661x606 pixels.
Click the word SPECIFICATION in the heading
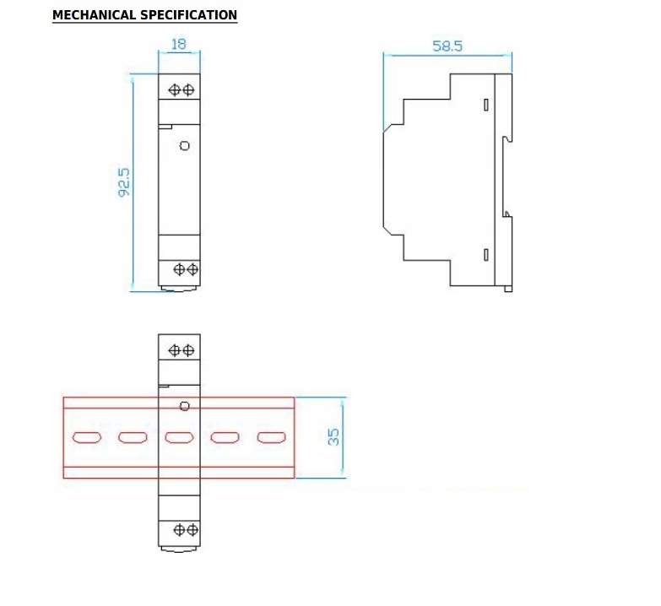tap(189, 15)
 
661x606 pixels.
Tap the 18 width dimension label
tap(179, 44)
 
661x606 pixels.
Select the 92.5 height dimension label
tap(124, 182)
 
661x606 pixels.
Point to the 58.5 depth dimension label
tap(447, 46)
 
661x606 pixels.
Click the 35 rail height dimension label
tap(333, 436)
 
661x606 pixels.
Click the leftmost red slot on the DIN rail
tap(87, 437)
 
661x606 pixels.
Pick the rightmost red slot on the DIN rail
tap(272, 437)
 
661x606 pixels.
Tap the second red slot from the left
tap(133, 437)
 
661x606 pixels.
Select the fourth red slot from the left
tap(225, 437)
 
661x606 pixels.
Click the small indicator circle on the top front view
tap(185, 146)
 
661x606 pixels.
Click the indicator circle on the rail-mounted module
tap(184, 406)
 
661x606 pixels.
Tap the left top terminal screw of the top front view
tap(175, 89)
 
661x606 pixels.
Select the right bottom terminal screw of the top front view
tap(192, 269)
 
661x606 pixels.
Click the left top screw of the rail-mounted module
tap(175, 350)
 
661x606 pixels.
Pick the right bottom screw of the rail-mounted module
tap(192, 530)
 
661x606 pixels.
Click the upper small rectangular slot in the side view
tap(486, 105)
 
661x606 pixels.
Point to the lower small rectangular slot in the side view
tap(486, 255)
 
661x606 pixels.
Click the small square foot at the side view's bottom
tap(508, 289)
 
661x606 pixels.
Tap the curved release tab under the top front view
tap(179, 289)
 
